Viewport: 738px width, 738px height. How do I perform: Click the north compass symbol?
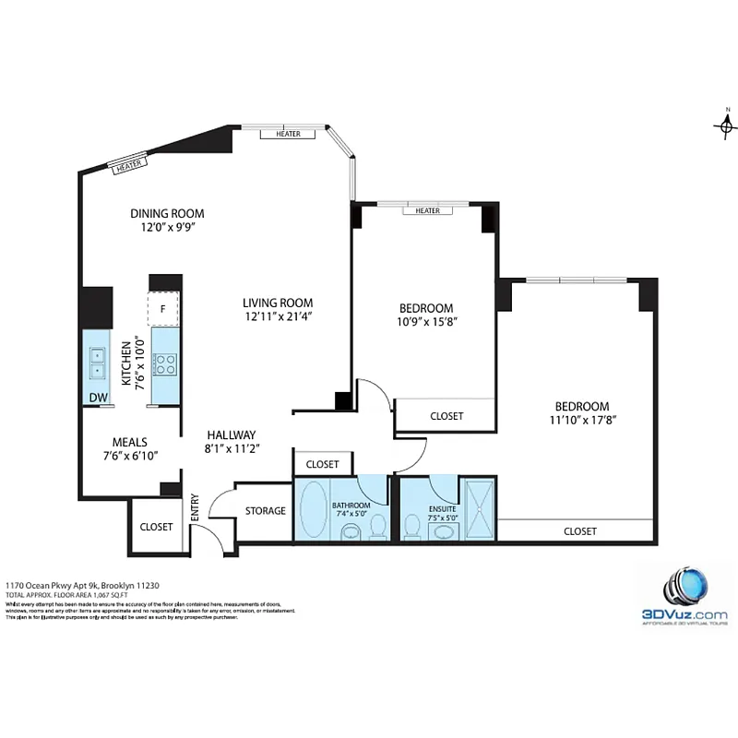tap(726, 125)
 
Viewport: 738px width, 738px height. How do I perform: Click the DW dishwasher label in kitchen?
tap(97, 398)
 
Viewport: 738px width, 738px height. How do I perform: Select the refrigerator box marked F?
tap(163, 308)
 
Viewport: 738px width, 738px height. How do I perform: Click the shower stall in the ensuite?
tap(477, 508)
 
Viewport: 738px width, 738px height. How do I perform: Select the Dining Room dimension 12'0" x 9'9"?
tap(166, 227)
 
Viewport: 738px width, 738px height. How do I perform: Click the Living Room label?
tap(278, 303)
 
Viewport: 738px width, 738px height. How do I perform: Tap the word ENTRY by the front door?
tap(195, 509)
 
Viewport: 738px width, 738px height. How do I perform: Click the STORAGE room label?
tap(265, 511)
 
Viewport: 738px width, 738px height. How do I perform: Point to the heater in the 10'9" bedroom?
tap(427, 210)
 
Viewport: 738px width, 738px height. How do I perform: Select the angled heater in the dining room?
tap(128, 165)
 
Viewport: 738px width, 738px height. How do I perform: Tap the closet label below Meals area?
tap(156, 527)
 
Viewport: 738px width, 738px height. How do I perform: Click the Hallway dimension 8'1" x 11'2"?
tap(232, 449)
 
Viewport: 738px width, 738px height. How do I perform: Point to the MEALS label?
tap(130, 442)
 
